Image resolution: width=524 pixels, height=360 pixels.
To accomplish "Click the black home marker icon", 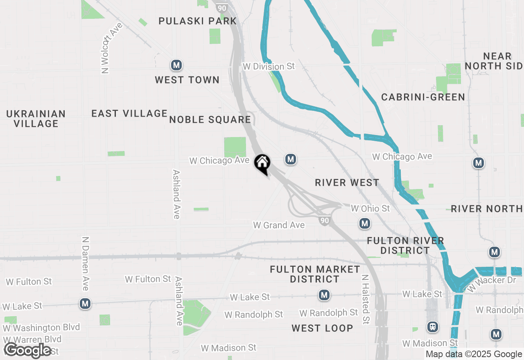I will tap(262, 164).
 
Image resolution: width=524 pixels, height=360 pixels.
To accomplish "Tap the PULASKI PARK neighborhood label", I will tap(198, 21).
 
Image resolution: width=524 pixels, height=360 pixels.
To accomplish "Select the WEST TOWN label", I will tap(187, 80).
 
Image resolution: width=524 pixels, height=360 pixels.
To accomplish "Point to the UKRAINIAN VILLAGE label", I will tap(36, 119).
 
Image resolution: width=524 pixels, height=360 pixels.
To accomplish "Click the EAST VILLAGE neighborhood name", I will tap(129, 113).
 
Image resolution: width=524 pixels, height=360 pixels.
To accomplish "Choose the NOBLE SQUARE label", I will tap(210, 119).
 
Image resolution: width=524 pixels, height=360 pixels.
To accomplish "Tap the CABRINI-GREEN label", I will tap(423, 97).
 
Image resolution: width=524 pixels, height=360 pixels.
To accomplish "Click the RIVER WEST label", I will tap(347, 182).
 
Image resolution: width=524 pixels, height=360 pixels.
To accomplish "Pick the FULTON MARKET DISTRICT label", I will tap(315, 274).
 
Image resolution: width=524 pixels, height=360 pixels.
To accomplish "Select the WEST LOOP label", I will tap(322, 328).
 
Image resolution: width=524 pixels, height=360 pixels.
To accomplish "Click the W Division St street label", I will tap(269, 66).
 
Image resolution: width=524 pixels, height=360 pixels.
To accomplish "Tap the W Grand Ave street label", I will tap(279, 225).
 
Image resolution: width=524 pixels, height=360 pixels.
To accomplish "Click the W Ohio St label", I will tap(370, 209).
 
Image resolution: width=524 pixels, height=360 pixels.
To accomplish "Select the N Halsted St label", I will tap(366, 299).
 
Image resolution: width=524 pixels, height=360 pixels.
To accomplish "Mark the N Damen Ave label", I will tap(85, 263).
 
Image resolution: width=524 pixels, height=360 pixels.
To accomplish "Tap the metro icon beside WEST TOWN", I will tap(176, 65).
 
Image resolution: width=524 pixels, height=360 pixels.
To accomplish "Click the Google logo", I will tap(27, 351).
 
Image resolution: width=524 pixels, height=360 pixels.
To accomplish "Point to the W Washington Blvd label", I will tap(41, 327).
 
